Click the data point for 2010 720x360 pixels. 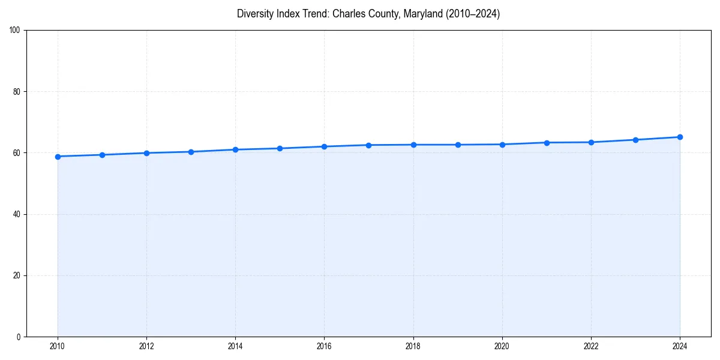pos(58,157)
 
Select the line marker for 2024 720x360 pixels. pos(680,137)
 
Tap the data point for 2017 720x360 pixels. pos(368,145)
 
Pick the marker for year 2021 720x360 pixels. pos(547,143)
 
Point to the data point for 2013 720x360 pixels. pos(191,152)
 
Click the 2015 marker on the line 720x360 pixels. pos(280,148)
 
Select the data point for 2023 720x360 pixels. pos(635,140)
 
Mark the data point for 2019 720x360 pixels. pos(458,145)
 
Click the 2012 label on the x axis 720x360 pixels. pos(146,346)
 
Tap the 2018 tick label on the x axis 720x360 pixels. pos(413,346)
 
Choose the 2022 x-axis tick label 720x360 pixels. pos(591,346)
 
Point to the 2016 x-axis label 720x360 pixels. pos(324,346)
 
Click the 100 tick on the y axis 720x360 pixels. pos(15,31)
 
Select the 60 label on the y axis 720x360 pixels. pos(17,153)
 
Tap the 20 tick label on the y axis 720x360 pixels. pos(17,275)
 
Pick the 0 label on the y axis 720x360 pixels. pos(19,337)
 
